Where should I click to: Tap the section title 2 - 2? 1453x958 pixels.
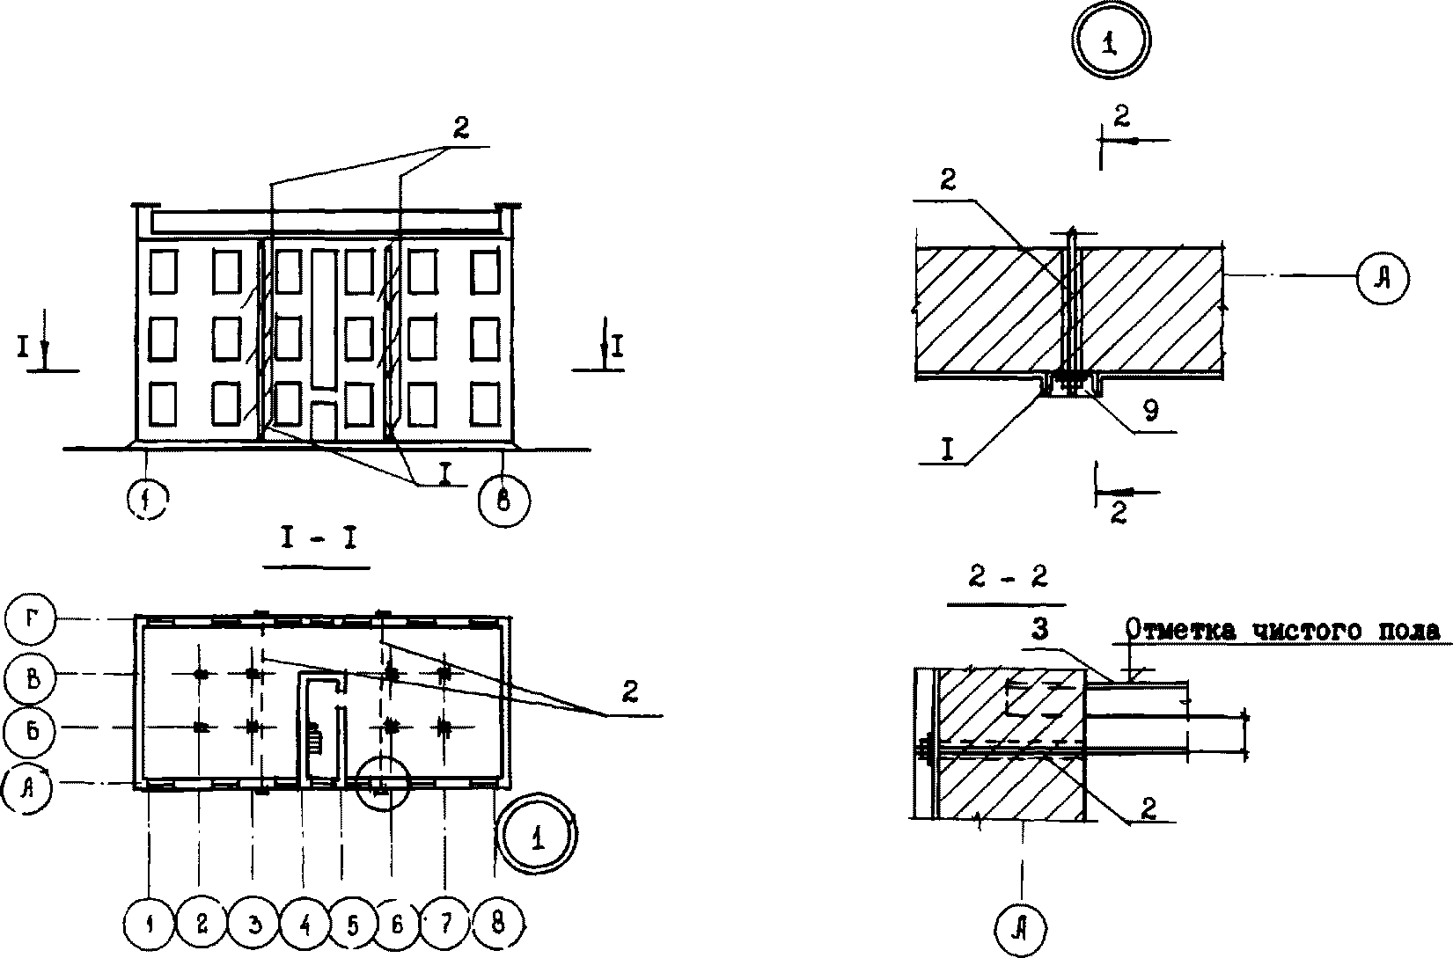click(x=1005, y=577)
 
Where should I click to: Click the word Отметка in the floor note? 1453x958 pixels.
click(x=1176, y=631)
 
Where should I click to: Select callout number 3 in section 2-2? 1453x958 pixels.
click(x=1039, y=630)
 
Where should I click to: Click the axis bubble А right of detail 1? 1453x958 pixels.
click(x=1383, y=277)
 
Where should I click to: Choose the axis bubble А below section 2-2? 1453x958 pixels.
click(x=1022, y=925)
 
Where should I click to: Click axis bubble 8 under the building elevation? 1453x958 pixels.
click(x=503, y=501)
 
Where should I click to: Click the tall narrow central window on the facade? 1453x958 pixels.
click(x=323, y=317)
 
